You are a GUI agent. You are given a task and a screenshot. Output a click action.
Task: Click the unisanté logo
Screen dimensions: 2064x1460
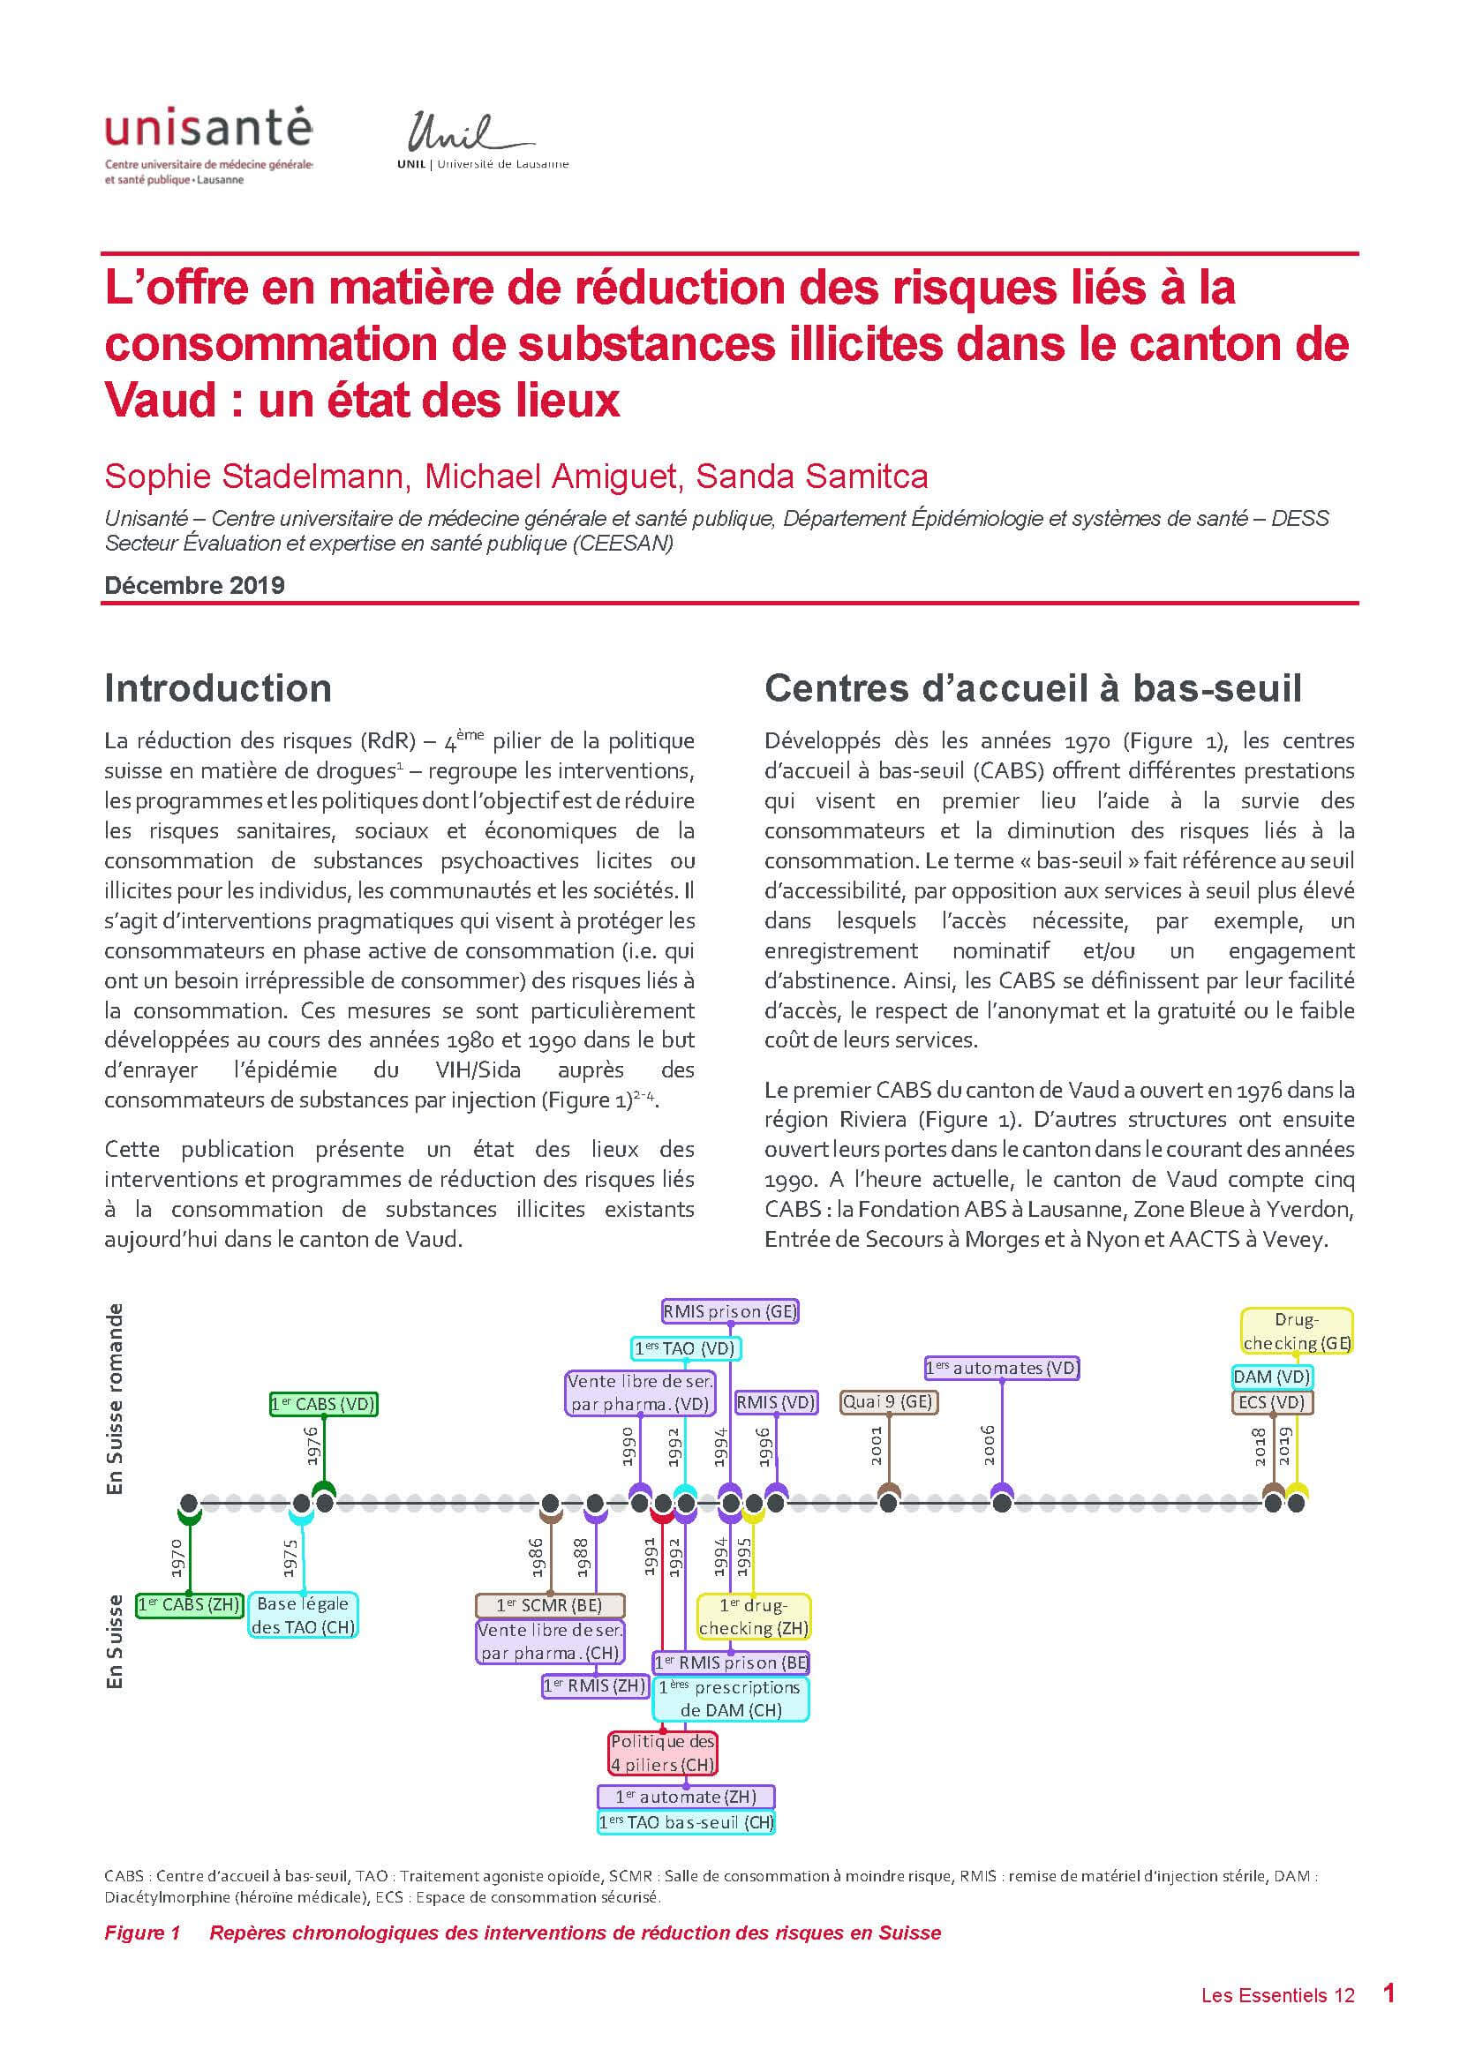208,145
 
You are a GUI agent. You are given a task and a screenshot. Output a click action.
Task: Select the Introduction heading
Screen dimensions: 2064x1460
217,688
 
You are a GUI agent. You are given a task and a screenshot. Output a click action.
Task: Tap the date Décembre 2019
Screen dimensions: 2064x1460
194,585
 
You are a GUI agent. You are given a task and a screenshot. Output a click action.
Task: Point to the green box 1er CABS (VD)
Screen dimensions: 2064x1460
323,1404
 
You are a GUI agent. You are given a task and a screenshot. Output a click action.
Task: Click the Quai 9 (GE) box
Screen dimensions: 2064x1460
888,1401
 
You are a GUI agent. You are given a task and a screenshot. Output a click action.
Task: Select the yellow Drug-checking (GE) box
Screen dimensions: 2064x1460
1297,1332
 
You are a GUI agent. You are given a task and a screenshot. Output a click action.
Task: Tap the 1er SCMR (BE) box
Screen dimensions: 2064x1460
549,1604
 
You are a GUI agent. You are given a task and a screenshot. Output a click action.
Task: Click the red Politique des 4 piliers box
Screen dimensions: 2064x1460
663,1753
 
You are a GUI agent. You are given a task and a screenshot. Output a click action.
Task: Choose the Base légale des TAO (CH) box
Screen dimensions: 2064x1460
303,1616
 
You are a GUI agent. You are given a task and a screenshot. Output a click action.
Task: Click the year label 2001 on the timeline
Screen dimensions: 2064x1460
877,1445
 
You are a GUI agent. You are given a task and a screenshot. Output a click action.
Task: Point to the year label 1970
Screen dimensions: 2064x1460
177,1557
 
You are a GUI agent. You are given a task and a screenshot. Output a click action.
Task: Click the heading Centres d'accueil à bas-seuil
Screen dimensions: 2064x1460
1032,688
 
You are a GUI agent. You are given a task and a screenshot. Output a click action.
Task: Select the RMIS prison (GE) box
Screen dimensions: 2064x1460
730,1311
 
